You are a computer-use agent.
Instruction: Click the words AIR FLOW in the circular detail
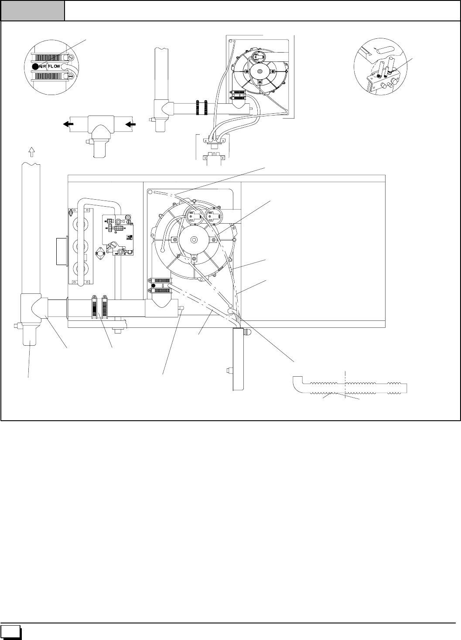tap(48, 66)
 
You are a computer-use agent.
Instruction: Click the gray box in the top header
tap(33, 10)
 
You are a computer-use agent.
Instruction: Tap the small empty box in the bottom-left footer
tap(11, 632)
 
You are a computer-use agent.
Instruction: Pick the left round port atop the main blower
tap(194, 215)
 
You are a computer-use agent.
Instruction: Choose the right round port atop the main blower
tap(213, 215)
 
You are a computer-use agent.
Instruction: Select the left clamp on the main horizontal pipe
tap(94, 308)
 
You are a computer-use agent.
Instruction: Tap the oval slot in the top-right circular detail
tap(386, 49)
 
